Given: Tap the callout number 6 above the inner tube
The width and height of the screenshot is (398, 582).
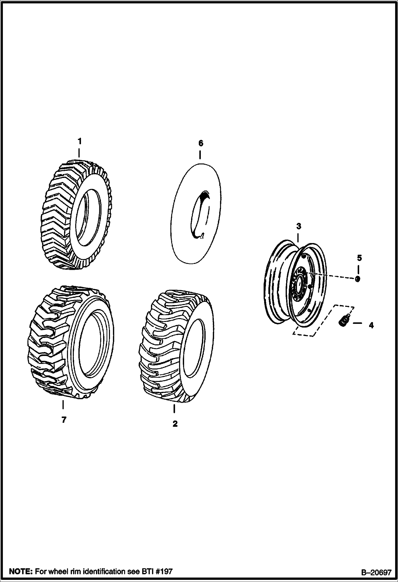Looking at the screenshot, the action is point(201,143).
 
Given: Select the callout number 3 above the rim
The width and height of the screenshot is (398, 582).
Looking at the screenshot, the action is point(298,226).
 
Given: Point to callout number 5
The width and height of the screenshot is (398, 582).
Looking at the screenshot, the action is point(359,258).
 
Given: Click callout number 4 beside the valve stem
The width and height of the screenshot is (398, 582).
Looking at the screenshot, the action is point(371,325).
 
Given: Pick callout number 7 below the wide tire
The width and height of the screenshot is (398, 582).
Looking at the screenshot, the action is point(64,420).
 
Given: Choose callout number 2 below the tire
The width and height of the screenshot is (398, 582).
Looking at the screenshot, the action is point(175,424).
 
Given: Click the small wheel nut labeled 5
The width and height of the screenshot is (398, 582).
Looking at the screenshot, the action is point(358,279).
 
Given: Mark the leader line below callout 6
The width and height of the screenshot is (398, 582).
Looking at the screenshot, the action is point(200,155).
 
